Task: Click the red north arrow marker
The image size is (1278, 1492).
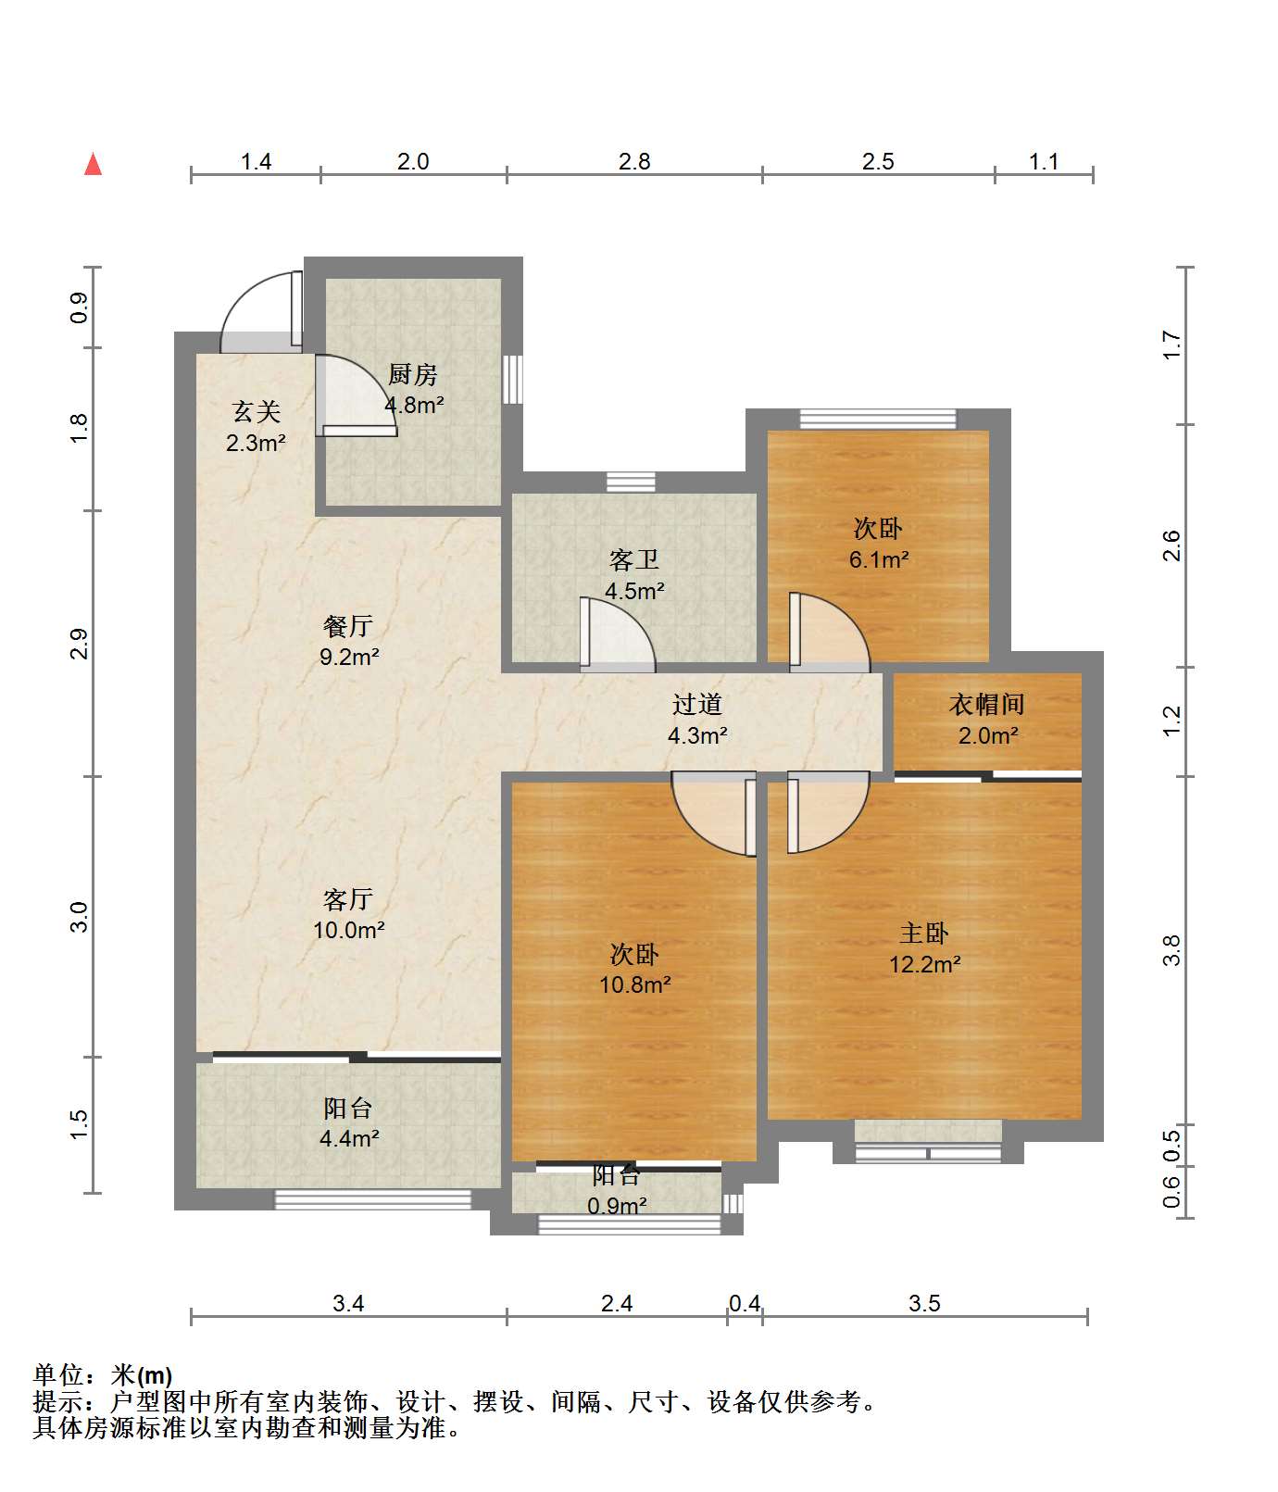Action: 93,164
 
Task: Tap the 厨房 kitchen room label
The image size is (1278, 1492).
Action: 412,374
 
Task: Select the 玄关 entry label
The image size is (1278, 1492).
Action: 256,412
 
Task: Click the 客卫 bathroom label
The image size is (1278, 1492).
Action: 634,559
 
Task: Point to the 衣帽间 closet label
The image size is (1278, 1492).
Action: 987,704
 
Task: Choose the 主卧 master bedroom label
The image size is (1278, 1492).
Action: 924,933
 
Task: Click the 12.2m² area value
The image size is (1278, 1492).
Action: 924,964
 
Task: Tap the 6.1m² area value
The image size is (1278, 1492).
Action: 879,559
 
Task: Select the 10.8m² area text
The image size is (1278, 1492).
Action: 634,984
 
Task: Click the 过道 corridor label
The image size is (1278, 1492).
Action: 696,704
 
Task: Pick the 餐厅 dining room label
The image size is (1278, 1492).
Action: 348,626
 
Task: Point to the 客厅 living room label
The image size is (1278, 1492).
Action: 348,898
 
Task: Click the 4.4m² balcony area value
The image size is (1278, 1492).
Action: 348,1138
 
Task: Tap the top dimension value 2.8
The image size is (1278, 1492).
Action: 634,161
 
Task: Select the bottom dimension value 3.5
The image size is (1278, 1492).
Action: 924,1303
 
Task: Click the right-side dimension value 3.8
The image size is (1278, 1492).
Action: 1172,950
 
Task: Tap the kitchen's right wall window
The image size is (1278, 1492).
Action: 512,379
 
